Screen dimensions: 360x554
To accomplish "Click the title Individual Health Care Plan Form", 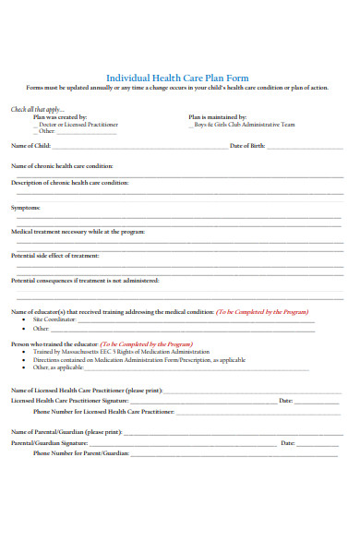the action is [x=177, y=78].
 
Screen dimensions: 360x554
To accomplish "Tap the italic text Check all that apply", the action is [x=35, y=109].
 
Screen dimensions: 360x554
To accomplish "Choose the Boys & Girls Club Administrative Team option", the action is [x=244, y=125].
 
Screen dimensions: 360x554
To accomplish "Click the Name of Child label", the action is [x=30, y=146].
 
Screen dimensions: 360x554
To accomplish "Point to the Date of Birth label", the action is [x=247, y=146].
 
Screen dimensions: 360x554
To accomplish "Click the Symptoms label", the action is [x=25, y=208].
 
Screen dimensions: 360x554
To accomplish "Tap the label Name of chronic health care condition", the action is [x=61, y=165].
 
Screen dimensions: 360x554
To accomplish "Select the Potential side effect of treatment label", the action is [x=54, y=255].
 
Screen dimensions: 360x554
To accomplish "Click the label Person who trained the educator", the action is [x=54, y=343].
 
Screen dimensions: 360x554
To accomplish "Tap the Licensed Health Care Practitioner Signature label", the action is [x=69, y=401].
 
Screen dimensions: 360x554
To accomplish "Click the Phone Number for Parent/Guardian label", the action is [x=79, y=453].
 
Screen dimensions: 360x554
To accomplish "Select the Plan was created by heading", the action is [x=60, y=117].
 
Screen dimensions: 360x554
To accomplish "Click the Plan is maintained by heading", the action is [x=217, y=117].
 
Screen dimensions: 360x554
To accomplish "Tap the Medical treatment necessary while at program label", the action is [x=78, y=232].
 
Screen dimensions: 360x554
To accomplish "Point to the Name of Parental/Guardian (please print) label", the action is [x=66, y=432].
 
